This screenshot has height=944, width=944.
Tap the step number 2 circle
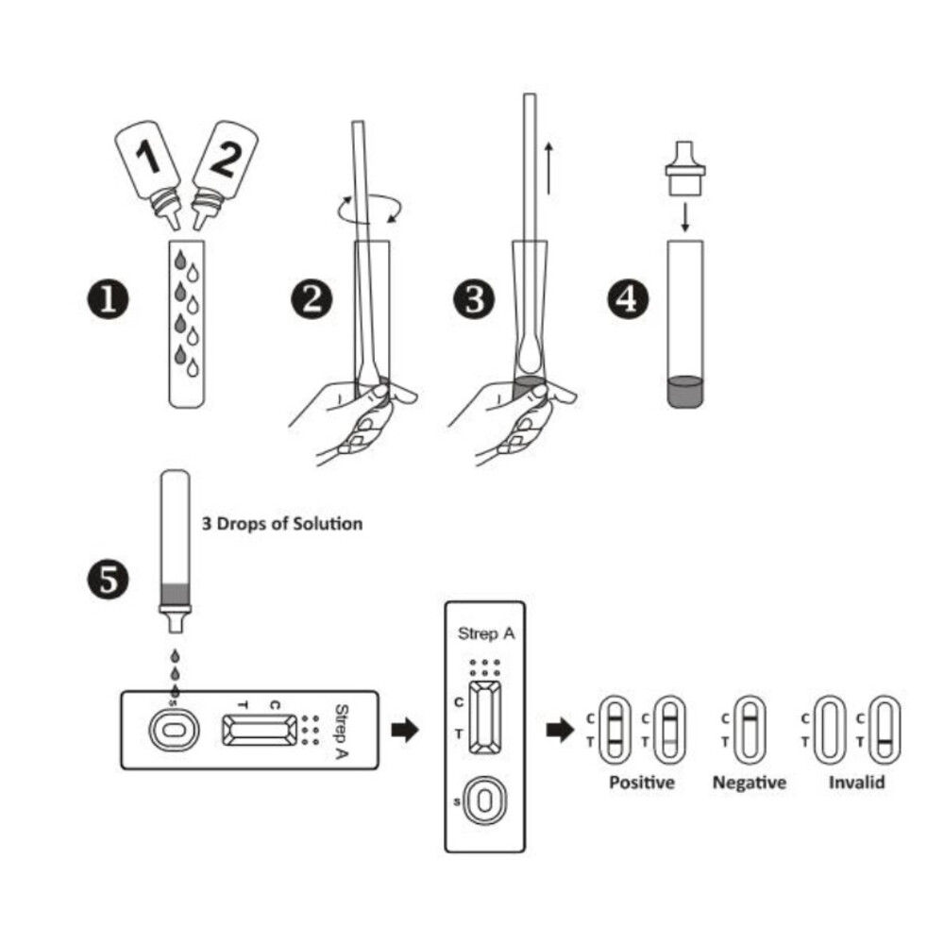click(x=312, y=300)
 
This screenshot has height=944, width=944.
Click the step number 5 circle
click(x=110, y=579)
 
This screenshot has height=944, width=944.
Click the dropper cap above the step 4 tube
click(x=685, y=169)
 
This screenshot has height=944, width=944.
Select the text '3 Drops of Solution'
click(x=281, y=523)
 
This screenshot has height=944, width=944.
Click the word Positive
click(x=642, y=783)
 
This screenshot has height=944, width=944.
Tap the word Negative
click(x=749, y=783)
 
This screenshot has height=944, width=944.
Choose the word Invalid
click(x=857, y=783)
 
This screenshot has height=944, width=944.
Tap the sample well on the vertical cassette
click(x=484, y=801)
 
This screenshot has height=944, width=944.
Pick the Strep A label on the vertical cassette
click(x=485, y=632)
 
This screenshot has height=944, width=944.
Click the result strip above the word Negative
click(x=750, y=729)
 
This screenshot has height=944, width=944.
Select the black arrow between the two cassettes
click(x=405, y=730)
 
